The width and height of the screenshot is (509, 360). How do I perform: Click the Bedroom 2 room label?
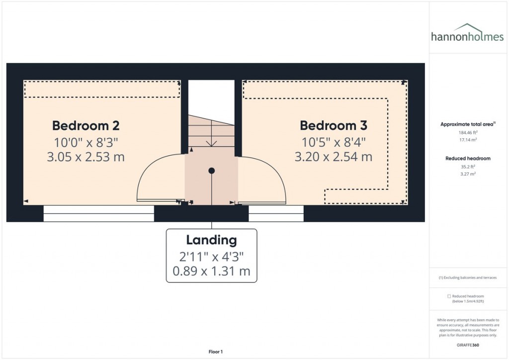click(85, 125)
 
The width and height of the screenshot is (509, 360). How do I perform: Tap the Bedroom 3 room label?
click(333, 125)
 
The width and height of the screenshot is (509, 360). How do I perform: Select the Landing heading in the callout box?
click(211, 240)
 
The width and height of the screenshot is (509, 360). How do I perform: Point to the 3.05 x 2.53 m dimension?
click(85, 158)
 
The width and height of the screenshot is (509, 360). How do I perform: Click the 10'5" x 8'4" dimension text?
click(333, 142)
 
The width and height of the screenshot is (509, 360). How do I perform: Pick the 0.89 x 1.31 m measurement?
click(211, 271)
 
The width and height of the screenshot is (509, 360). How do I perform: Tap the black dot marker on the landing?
click(212, 171)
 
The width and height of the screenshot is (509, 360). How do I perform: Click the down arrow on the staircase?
click(211, 142)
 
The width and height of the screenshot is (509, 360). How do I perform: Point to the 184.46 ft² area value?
click(467, 133)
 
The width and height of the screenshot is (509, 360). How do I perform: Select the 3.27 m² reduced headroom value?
click(467, 175)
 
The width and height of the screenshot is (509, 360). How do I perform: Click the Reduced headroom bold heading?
click(467, 159)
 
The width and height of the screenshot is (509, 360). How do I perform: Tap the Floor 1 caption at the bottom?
click(216, 352)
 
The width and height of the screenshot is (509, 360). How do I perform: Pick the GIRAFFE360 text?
click(468, 345)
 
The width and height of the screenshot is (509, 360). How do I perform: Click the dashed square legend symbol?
click(449, 296)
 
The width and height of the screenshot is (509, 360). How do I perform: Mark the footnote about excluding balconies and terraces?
click(467, 277)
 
